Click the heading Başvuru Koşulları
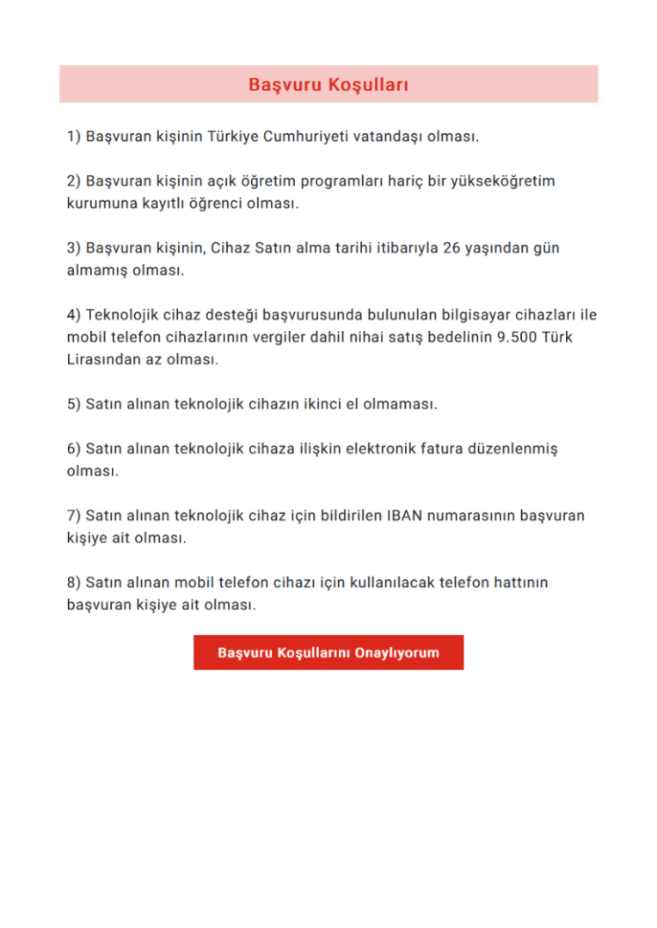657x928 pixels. (328, 85)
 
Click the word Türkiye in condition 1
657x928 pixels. (233, 137)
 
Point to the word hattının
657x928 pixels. (515, 583)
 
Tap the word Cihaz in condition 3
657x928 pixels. (230, 248)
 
